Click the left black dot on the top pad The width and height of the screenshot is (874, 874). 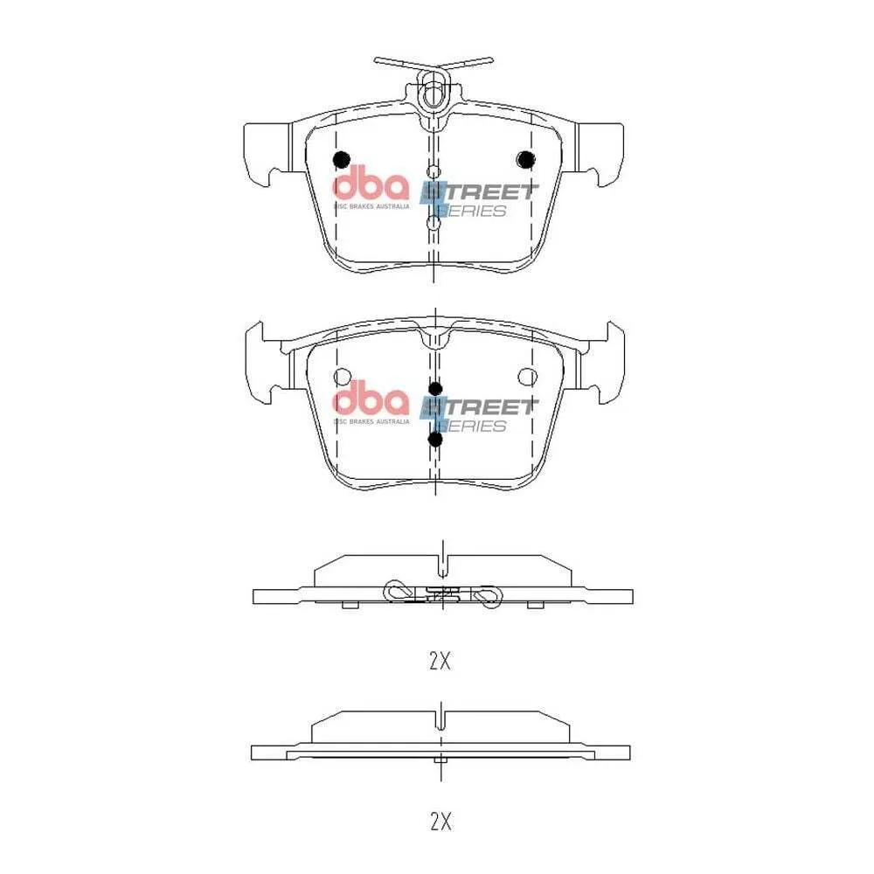(341, 160)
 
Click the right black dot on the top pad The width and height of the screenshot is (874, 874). (525, 160)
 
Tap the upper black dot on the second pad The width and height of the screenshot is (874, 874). (435, 389)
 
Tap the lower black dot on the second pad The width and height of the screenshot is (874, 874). (435, 440)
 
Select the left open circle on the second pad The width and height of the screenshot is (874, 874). (343, 377)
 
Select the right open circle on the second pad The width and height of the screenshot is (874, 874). (527, 377)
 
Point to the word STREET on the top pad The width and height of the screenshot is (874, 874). (478, 192)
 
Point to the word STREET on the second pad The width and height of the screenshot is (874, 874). (478, 407)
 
